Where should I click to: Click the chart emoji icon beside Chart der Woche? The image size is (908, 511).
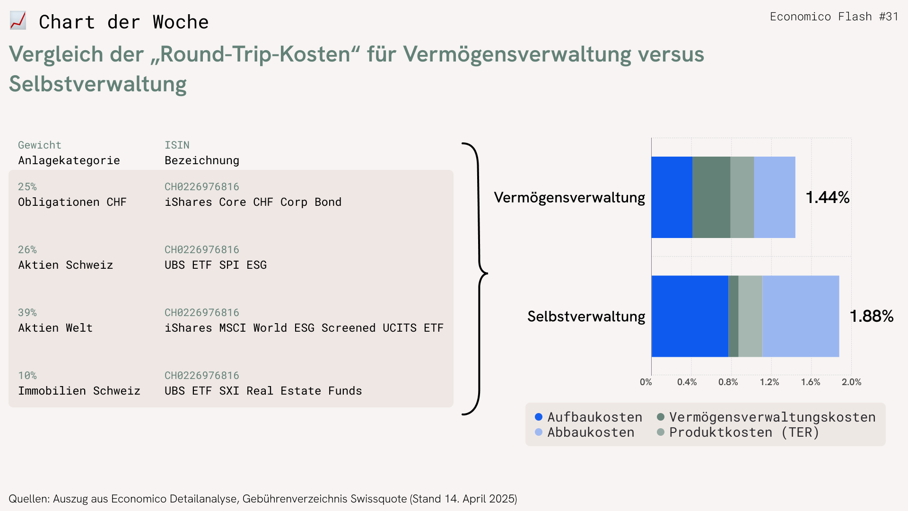coord(18,21)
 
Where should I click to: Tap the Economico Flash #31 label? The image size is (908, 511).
coord(834,17)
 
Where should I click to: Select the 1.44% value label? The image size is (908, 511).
coord(828,197)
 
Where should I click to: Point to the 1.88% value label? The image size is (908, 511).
coord(872,316)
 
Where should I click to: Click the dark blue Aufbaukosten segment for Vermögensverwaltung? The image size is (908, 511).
coord(672,197)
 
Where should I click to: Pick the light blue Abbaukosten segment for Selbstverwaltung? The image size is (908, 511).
coord(801,316)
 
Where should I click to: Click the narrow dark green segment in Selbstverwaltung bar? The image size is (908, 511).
coord(733,316)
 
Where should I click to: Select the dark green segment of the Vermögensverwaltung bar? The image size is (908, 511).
coord(711,197)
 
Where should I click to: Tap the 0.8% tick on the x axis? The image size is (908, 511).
coord(728,382)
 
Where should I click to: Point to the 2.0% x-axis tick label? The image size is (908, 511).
coord(851,382)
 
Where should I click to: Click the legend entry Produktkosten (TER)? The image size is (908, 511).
coord(738,432)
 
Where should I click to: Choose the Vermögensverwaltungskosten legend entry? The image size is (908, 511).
coord(766,417)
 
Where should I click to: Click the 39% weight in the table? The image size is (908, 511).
coord(27,312)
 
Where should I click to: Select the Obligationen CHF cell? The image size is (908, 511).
coord(72,202)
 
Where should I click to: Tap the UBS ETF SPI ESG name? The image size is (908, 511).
coord(216,265)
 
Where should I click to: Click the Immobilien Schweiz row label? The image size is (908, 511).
coord(79,391)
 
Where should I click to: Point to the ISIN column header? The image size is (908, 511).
coord(177,145)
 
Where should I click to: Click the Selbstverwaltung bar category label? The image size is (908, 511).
coord(586,316)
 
